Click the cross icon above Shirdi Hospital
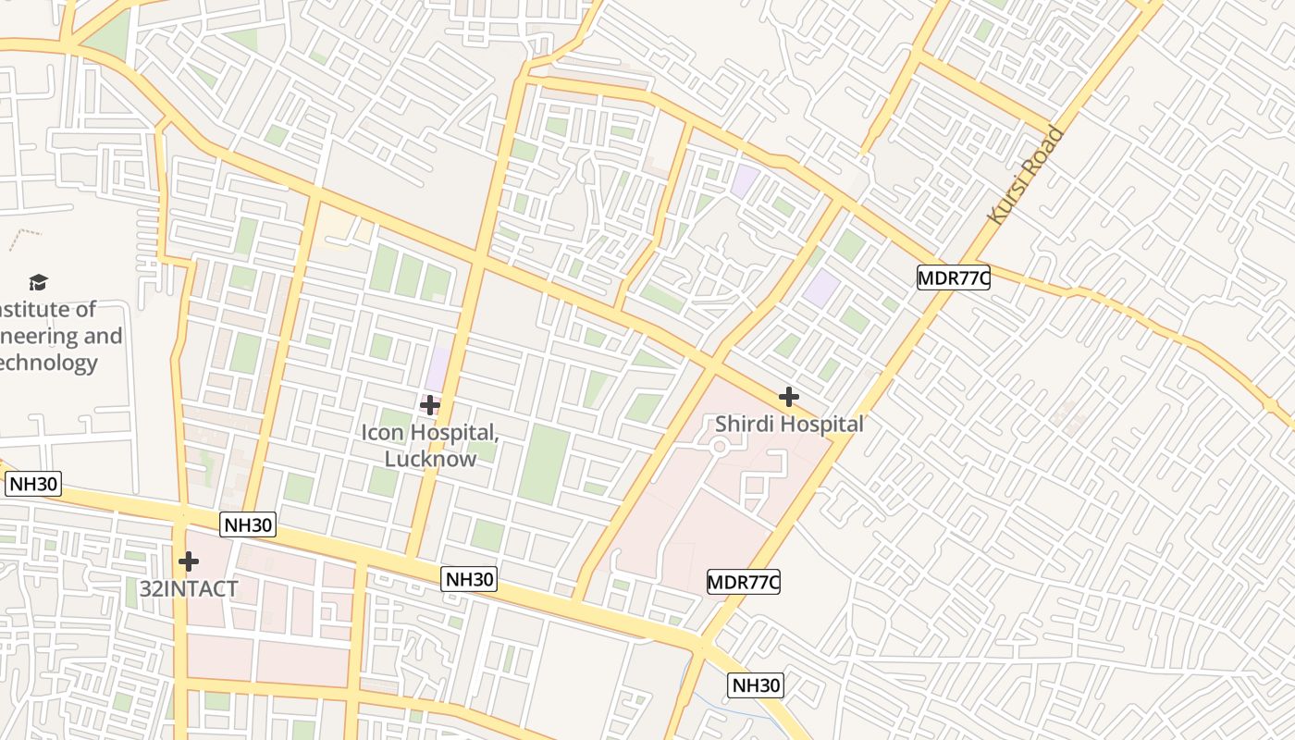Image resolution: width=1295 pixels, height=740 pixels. point(788,397)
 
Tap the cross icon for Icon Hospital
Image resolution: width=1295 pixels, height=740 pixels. point(430,404)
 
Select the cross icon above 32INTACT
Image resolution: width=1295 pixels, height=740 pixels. point(189,561)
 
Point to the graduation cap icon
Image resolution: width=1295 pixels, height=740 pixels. point(38,282)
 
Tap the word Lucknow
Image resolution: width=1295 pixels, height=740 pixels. point(430,458)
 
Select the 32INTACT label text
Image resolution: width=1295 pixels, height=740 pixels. point(189,588)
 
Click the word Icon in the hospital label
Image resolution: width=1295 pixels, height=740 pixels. point(382,433)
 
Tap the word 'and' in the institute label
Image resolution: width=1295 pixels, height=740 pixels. point(103,336)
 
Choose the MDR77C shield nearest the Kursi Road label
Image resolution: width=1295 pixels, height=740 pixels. point(954,277)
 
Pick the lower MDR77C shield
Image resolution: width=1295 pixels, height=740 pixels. point(744,582)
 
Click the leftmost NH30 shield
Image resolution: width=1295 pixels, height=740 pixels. point(33,484)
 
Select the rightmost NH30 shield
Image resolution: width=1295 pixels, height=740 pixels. point(756,685)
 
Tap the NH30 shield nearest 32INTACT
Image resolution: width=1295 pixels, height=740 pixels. point(249,525)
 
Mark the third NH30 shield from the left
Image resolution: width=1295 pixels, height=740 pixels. point(469,579)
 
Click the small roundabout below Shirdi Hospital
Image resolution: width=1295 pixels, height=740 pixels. point(719,448)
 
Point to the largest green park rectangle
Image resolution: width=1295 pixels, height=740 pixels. point(544,463)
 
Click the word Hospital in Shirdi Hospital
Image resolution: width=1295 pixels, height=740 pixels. point(820,425)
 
